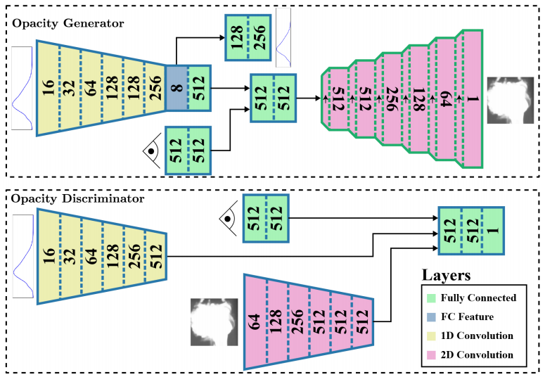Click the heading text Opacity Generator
tap(68, 23)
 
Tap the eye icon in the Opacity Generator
tap(150, 149)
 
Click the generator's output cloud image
tap(510, 98)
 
